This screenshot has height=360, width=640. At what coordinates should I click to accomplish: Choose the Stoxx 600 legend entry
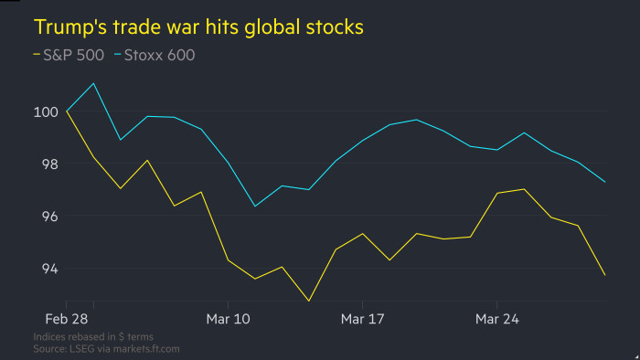click(x=160, y=55)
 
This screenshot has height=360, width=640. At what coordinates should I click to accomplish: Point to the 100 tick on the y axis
click(x=45, y=111)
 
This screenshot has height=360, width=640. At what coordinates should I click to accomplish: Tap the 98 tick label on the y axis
click(x=45, y=164)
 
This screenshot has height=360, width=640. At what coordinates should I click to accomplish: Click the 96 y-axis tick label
click(x=45, y=217)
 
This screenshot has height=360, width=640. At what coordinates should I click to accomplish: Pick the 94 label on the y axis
click(x=45, y=269)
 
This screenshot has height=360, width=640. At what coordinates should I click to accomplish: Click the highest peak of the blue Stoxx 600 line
click(x=94, y=83)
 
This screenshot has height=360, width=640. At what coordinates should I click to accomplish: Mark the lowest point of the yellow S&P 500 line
click(x=309, y=301)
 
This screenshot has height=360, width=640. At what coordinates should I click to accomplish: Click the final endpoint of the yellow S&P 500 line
click(x=604, y=275)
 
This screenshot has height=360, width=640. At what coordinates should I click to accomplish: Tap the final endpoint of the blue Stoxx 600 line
click(x=604, y=182)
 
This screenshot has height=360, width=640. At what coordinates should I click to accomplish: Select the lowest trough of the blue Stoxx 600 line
click(x=255, y=206)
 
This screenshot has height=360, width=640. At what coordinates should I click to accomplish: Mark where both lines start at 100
click(x=67, y=111)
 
